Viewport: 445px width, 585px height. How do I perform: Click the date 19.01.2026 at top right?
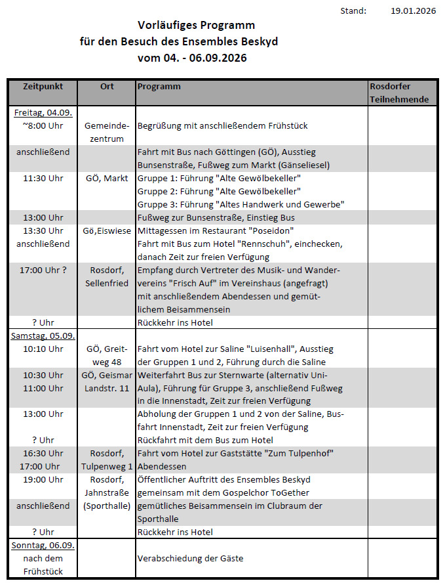413,11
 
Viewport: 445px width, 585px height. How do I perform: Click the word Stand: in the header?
353,11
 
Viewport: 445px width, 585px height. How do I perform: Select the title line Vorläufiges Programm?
196,25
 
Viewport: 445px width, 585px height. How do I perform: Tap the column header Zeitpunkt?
43,87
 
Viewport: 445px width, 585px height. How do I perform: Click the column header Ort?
107,87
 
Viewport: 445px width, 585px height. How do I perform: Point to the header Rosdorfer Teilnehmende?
400,93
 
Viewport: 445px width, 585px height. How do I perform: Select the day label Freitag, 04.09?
43,112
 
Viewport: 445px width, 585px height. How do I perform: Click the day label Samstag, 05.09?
43,336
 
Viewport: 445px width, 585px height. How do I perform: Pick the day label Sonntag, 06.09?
43,546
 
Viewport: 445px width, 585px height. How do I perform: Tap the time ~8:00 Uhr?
43,125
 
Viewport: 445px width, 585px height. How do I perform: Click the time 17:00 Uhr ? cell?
43,270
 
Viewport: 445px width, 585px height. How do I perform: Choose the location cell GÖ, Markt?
107,178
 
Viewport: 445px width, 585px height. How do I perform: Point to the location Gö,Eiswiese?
107,230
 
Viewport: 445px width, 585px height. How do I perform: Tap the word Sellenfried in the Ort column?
107,283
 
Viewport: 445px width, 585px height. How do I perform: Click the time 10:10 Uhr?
43,349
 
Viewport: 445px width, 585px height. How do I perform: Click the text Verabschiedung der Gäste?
190,558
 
